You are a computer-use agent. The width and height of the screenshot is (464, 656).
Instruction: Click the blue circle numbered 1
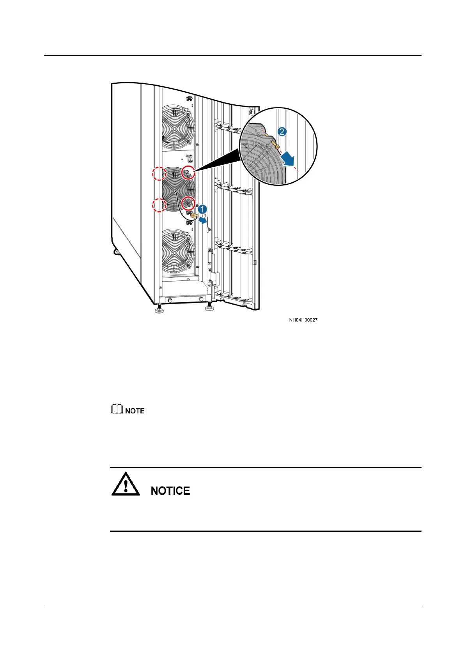click(x=202, y=210)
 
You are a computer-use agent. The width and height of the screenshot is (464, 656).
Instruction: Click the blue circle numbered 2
click(x=282, y=132)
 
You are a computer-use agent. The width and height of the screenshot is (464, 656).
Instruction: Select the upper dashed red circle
click(x=159, y=174)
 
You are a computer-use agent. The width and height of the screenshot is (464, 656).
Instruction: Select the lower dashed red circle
click(x=159, y=205)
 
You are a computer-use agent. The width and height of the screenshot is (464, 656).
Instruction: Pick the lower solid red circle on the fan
click(x=188, y=203)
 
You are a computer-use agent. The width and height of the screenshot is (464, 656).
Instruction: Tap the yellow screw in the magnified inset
click(x=275, y=146)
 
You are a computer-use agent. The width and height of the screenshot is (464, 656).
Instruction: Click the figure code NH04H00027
click(x=303, y=320)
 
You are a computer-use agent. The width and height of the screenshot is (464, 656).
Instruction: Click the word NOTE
click(x=135, y=411)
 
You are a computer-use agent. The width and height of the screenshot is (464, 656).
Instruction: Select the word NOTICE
click(x=170, y=491)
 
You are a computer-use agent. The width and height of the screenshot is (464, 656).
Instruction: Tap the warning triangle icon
click(x=126, y=484)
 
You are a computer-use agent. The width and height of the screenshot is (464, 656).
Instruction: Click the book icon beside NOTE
click(x=117, y=409)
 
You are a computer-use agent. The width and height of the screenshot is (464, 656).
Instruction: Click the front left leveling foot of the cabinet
click(x=159, y=310)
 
